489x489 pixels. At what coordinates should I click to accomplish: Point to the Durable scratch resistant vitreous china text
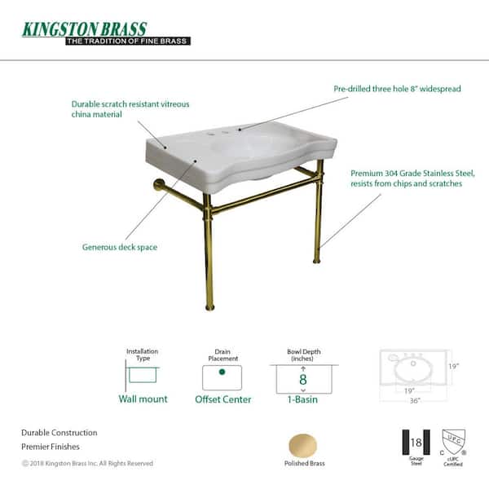tap(119, 109)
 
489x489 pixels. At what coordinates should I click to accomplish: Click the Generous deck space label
tap(121, 247)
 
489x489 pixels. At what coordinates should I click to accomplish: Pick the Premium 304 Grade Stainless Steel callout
tap(412, 178)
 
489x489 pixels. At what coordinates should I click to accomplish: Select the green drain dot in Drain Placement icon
tap(221, 372)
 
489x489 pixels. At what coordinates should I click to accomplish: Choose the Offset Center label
tap(222, 399)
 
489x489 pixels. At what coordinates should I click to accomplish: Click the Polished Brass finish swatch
tap(304, 446)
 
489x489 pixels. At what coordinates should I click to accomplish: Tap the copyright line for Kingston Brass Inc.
tap(86, 463)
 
